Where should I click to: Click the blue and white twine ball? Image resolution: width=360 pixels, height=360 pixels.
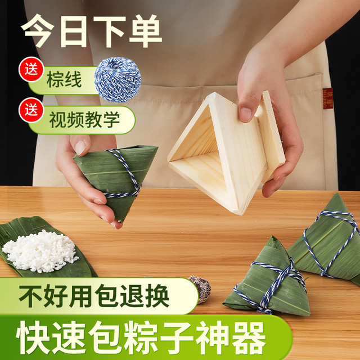tap(118, 79)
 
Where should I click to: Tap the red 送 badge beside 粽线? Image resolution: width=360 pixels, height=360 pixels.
tap(31, 69)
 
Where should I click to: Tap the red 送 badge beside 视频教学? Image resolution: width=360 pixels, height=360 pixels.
tap(31, 110)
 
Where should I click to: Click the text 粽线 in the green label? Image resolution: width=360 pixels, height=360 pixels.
tap(64, 79)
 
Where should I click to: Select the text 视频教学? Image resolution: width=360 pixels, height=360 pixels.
tap(84, 120)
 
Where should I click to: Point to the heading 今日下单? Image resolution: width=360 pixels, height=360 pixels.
tap(91, 31)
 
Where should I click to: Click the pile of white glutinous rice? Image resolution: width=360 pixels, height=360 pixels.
tap(40, 251)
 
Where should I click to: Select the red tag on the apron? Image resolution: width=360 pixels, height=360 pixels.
tap(328, 98)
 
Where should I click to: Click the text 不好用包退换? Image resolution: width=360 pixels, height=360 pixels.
tap(94, 296)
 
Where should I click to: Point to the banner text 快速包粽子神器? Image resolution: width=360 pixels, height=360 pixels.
tap(141, 337)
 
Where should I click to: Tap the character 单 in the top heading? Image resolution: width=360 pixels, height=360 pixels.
tap(146, 31)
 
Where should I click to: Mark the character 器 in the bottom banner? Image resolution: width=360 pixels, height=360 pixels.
tap(249, 337)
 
